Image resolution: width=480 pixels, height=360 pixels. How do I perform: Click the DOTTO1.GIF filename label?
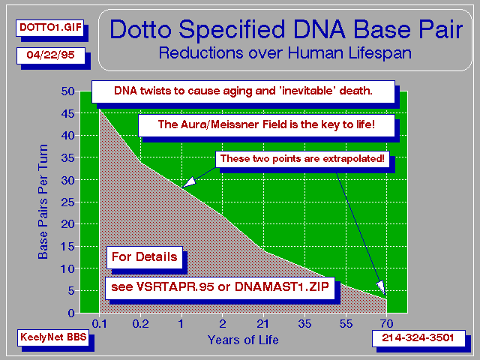tap(50, 28)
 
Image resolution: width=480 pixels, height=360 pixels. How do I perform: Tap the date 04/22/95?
tap(51, 55)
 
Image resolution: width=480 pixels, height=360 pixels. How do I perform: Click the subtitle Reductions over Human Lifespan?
tap(285, 53)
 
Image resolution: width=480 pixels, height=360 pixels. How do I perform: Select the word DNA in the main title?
tap(319, 30)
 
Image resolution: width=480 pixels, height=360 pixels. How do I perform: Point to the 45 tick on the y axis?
tap(68, 113)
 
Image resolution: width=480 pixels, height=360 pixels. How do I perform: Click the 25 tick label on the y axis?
tap(68, 202)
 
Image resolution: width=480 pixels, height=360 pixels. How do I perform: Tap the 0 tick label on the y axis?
tap(71, 313)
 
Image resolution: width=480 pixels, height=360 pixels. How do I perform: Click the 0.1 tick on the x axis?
tap(100, 323)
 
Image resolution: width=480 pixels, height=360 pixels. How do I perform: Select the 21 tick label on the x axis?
tap(263, 323)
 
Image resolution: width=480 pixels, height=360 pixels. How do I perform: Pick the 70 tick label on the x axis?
tap(387, 323)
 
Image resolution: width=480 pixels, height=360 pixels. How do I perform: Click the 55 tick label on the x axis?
tap(346, 323)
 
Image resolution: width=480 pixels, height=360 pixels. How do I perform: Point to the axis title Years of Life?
tap(243, 340)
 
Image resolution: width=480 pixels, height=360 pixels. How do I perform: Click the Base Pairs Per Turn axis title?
tap(43, 202)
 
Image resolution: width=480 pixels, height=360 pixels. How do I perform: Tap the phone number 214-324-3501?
tap(418, 338)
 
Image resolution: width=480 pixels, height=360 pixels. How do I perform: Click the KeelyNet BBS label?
tap(53, 337)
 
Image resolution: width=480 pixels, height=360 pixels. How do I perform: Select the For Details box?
tap(145, 257)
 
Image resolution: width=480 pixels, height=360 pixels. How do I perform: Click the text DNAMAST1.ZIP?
tap(282, 287)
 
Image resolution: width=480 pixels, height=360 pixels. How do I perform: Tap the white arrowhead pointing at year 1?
tap(188, 182)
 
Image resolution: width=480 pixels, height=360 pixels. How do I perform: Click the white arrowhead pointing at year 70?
tap(382, 288)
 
